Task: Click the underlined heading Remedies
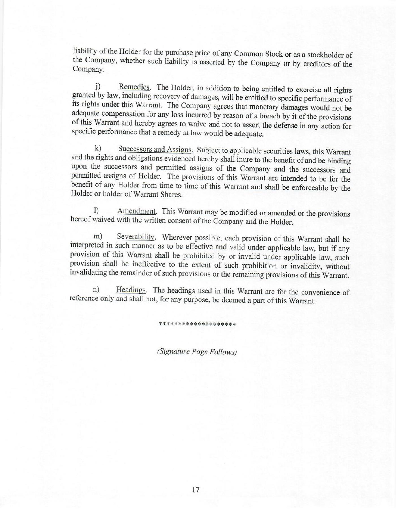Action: (x=134, y=87)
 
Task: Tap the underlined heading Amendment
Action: (x=137, y=211)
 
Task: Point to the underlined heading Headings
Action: (x=131, y=290)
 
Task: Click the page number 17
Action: (x=195, y=489)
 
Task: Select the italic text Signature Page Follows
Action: (x=197, y=352)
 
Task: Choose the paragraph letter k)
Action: (x=98, y=148)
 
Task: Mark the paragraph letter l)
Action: (x=96, y=210)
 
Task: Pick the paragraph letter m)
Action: (x=98, y=236)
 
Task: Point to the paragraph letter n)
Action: (x=96, y=290)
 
